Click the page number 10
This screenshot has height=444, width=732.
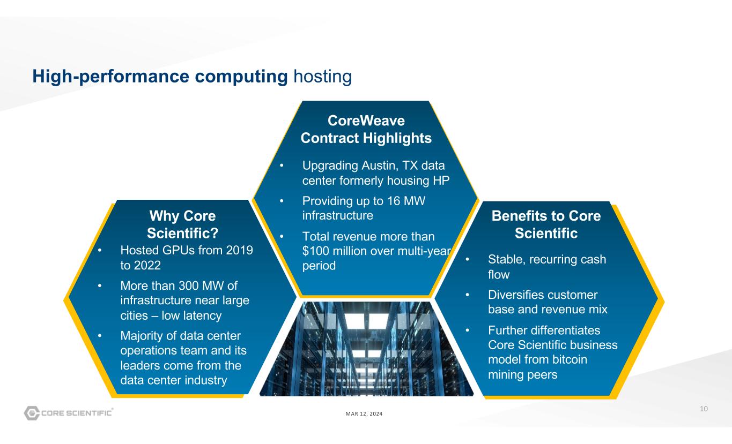tap(704, 409)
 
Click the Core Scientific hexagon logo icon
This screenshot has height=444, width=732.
tap(31, 413)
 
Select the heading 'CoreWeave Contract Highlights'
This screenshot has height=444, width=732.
tap(366, 129)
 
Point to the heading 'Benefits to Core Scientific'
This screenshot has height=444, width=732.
tap(546, 225)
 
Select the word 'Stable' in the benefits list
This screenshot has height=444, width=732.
tap(504, 260)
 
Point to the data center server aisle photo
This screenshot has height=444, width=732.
tap(366, 348)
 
